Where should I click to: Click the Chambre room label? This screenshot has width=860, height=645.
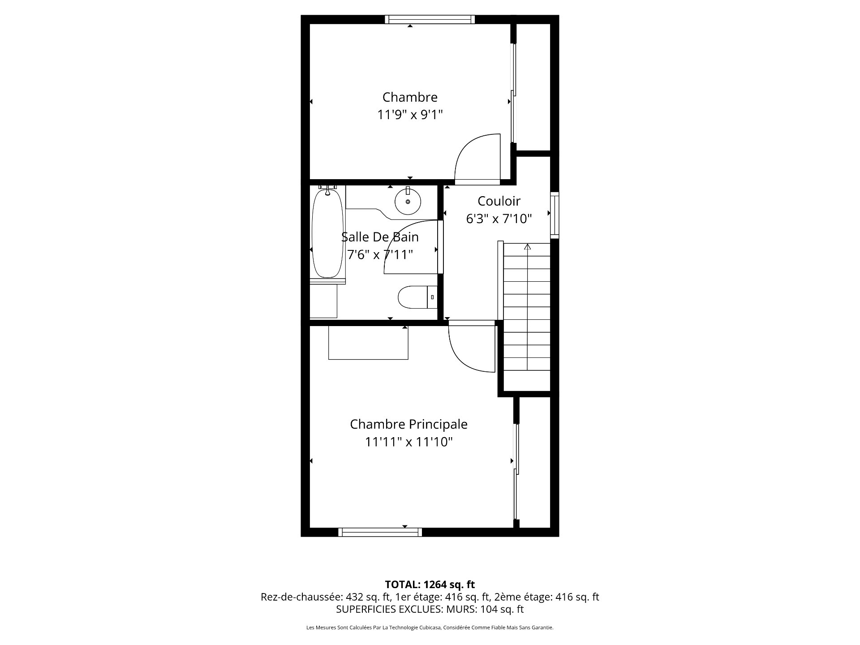(409, 97)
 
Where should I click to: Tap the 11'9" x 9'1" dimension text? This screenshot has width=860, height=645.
(409, 115)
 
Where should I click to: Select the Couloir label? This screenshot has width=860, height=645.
(499, 201)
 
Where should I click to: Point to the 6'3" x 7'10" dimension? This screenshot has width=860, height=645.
(499, 219)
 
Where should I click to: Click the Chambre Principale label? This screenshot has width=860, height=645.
(408, 424)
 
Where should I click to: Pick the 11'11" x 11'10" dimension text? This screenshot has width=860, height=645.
(408, 443)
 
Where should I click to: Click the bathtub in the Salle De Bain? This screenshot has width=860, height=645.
(327, 234)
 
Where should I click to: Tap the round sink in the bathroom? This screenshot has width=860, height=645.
(408, 202)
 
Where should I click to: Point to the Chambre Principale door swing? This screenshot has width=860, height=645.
(470, 347)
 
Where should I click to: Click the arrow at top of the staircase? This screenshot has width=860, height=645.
(527, 247)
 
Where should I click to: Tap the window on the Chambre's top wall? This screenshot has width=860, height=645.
(430, 19)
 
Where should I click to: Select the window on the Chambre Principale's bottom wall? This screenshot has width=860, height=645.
(380, 532)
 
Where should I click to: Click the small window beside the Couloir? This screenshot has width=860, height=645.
(555, 215)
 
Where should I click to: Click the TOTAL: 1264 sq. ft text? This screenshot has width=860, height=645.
(430, 585)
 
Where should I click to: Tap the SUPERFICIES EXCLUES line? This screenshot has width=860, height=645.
(430, 609)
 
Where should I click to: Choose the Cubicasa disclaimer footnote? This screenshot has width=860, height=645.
(430, 628)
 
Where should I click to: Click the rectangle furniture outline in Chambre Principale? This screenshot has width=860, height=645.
(368, 343)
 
